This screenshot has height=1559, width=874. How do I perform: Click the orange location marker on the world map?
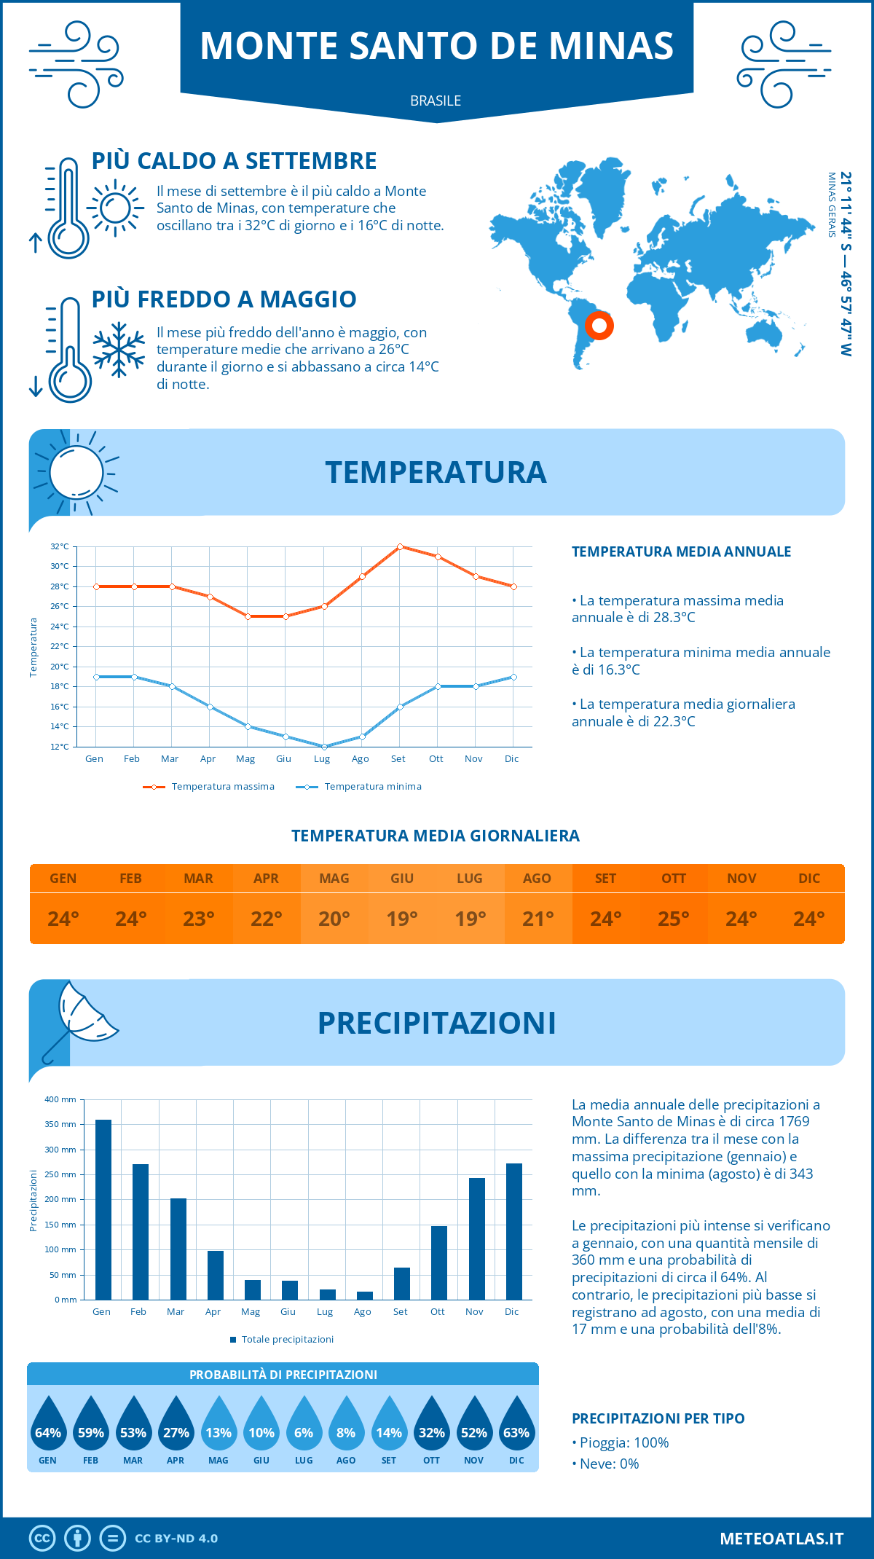(599, 325)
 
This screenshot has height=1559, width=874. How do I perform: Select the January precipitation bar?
(103, 1209)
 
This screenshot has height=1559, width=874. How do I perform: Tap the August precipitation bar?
(365, 1295)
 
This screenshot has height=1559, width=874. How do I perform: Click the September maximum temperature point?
(400, 546)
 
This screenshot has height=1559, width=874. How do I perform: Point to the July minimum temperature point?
(324, 747)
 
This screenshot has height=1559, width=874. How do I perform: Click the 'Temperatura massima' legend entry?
(209, 787)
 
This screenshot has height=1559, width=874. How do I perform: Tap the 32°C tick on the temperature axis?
(60, 546)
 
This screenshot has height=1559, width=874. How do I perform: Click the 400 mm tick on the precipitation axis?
(60, 1099)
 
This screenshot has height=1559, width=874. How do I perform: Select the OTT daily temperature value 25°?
(674, 919)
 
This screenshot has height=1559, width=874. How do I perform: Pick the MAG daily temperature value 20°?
(334, 919)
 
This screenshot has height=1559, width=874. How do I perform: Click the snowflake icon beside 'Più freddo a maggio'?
(119, 350)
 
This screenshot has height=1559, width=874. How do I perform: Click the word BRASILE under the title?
(436, 101)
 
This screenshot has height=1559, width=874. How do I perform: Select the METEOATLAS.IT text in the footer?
(782, 1539)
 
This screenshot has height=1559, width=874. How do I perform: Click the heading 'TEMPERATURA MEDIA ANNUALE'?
(681, 551)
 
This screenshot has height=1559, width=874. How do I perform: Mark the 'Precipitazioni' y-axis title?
(34, 1201)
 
